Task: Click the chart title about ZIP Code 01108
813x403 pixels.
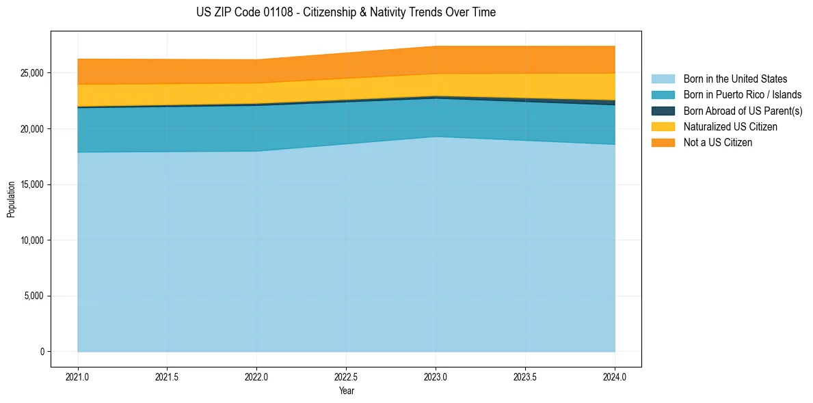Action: (345, 12)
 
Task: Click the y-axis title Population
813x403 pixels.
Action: (11, 199)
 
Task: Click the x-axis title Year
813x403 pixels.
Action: (346, 391)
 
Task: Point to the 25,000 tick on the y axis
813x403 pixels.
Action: (32, 73)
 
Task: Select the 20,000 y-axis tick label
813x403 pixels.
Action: (32, 129)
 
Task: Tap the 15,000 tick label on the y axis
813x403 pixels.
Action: (32, 184)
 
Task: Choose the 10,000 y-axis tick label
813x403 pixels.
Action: (32, 240)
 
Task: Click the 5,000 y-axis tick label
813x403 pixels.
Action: (34, 296)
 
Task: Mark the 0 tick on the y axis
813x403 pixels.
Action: (42, 352)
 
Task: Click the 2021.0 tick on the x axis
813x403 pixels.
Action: (78, 376)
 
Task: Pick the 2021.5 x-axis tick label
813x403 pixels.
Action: (168, 376)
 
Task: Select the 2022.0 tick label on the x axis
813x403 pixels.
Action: (256, 376)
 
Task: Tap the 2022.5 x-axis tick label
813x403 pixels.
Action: (346, 376)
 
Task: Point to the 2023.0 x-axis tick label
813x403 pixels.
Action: (436, 376)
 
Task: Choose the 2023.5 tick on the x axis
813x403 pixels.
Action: (525, 376)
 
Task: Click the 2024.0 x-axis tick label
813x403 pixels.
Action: (615, 376)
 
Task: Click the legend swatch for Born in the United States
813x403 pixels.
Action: (663, 79)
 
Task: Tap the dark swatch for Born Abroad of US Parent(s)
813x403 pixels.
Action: (663, 111)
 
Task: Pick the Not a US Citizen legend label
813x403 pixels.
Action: (717, 143)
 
